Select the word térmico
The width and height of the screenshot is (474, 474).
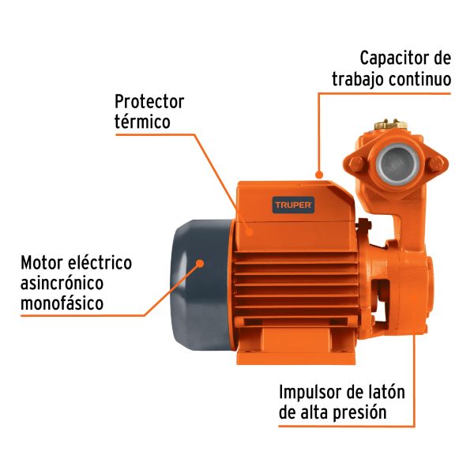click(x=142, y=122)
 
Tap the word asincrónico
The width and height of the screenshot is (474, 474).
click(x=62, y=282)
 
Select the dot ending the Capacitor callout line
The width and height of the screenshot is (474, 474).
click(x=318, y=172)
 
